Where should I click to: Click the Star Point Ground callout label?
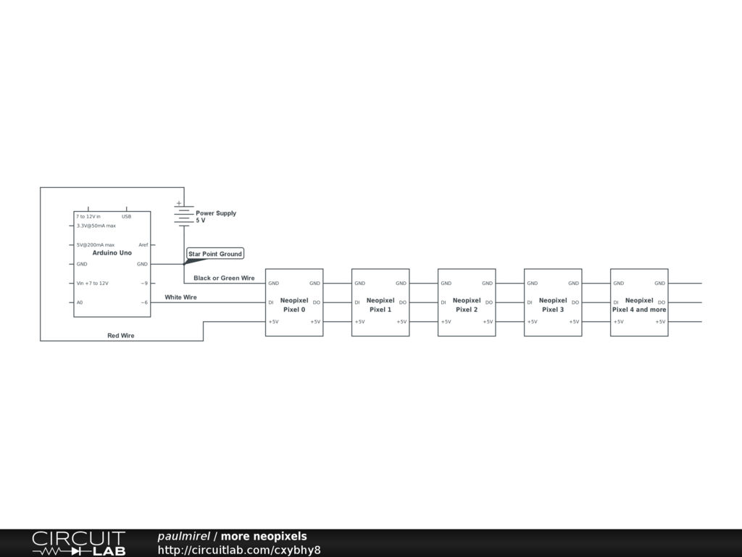pos(214,254)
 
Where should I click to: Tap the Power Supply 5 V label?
pos(215,217)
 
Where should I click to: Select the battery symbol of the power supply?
pos(183,215)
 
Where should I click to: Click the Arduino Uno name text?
pos(112,253)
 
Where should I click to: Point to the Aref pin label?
pos(143,245)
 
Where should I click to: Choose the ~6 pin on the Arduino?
pos(144,302)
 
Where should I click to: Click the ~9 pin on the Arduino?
pos(144,284)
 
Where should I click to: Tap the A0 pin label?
pos(80,302)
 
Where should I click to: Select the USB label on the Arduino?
pos(126,217)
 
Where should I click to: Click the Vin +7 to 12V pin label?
pos(92,284)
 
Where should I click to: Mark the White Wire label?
pos(180,297)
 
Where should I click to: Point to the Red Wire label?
pos(121,336)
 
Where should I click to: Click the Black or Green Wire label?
pos(224,278)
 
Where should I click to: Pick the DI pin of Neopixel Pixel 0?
pos(271,302)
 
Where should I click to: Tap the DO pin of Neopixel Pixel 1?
pos(402,302)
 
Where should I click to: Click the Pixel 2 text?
pos(467,310)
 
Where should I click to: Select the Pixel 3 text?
pos(553,310)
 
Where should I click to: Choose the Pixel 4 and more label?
pos(639,310)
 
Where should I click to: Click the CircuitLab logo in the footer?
pos(78,543)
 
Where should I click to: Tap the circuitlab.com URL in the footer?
pos(239,550)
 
